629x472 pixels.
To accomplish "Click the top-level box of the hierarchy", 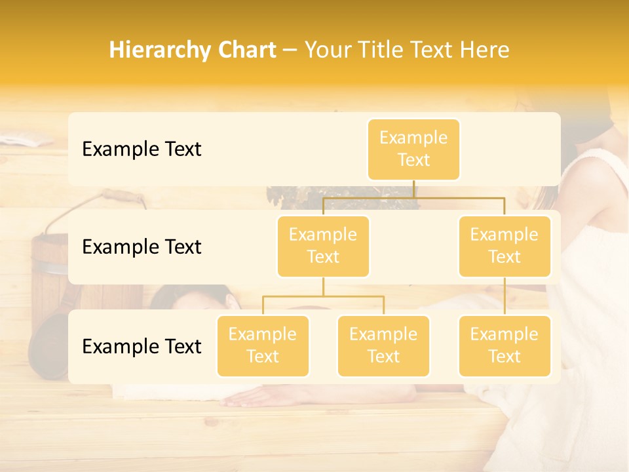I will pyautogui.click(x=413, y=149).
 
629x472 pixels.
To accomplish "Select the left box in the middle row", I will pyautogui.click(x=323, y=246).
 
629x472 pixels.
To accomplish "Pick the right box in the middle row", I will pyautogui.click(x=505, y=246).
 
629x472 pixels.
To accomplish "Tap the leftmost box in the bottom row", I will pyautogui.click(x=263, y=346).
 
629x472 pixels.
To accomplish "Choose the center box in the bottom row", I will pyautogui.click(x=383, y=346).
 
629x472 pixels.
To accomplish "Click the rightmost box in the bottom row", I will pyautogui.click(x=505, y=346).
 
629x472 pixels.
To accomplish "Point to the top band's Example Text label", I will pyautogui.click(x=142, y=149).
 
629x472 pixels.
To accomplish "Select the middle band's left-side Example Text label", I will pyautogui.click(x=142, y=247).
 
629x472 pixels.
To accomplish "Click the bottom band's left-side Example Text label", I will pyautogui.click(x=142, y=346).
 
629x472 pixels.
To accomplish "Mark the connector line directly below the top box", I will pyautogui.click(x=413, y=189).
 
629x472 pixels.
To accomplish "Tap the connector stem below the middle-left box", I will pyautogui.click(x=323, y=286).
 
